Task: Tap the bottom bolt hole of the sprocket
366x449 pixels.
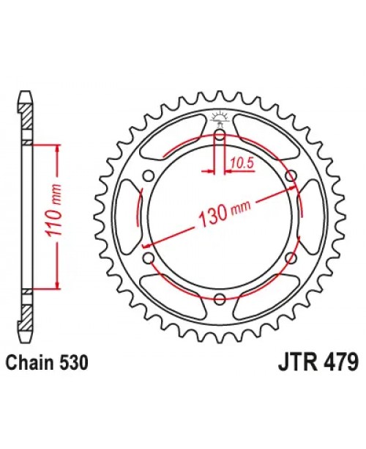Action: (220, 297)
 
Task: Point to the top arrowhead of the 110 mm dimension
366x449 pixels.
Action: (53, 147)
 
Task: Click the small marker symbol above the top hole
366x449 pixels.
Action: (220, 117)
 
